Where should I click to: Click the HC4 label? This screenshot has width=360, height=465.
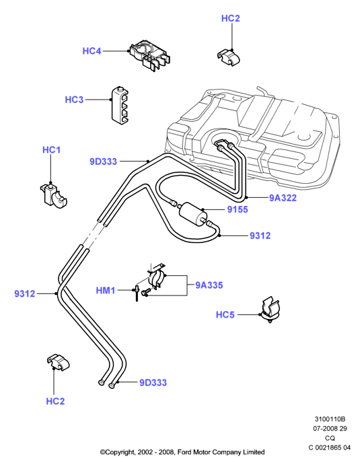coord(92,51)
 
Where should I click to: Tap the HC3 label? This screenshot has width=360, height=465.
coord(74,100)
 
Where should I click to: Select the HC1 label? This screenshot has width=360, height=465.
coord(51,150)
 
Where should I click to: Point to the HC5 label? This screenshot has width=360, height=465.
coord(225,315)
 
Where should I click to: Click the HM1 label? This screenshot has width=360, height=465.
coord(105,290)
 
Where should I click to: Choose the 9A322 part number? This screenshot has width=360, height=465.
coord(283,198)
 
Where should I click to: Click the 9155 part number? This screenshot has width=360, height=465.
coord(238,209)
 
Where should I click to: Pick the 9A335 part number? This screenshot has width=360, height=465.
coord(209,285)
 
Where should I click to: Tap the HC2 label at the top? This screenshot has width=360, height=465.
coord(230,18)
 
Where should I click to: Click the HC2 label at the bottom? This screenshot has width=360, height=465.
coord(55,401)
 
